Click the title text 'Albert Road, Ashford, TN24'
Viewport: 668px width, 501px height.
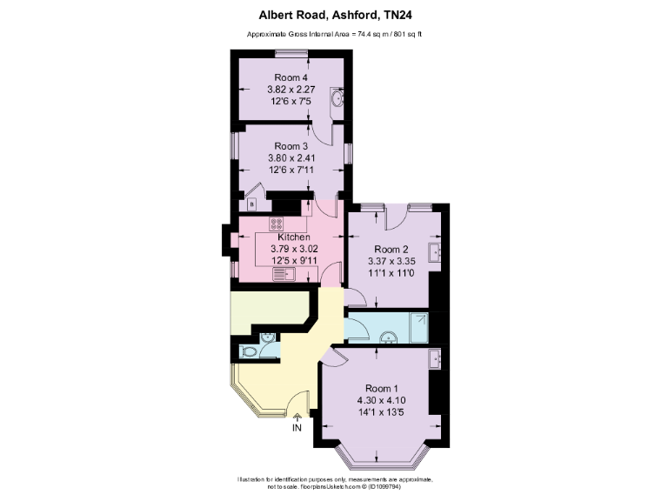point(334,14)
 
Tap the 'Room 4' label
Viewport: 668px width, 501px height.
point(291,77)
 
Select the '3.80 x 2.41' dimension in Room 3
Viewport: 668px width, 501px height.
point(291,158)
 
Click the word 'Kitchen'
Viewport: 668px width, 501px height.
point(294,237)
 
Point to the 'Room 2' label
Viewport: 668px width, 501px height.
point(379,247)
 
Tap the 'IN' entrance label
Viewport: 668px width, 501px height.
point(297,428)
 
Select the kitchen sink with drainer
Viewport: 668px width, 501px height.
point(285,275)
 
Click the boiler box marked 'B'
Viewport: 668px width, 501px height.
point(252,204)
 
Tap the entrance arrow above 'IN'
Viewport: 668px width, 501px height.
point(297,417)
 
